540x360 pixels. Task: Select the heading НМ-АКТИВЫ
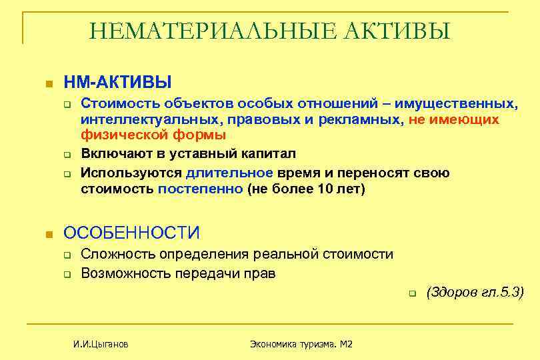pyautogui.click(x=117, y=82)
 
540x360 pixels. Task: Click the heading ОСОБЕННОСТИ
pyautogui.click(x=131, y=233)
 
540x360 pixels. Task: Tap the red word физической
pyautogui.click(x=117, y=135)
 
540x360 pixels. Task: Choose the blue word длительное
pyautogui.click(x=229, y=173)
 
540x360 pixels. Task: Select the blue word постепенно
pyautogui.click(x=201, y=189)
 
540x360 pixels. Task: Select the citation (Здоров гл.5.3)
pyautogui.click(x=475, y=292)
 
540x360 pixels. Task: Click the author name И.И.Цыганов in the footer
pyautogui.click(x=101, y=344)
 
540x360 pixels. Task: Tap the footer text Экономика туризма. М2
pyautogui.click(x=301, y=344)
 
